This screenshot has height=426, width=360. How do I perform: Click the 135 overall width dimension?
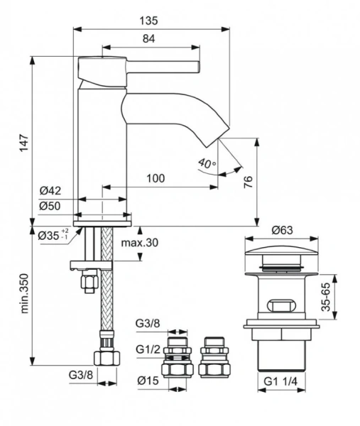pyautogui.click(x=148, y=21)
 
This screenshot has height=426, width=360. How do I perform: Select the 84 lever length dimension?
pyautogui.click(x=148, y=38)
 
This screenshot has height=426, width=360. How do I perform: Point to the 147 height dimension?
pyautogui.click(x=24, y=143)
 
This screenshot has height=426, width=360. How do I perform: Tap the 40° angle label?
pyautogui.click(x=207, y=163)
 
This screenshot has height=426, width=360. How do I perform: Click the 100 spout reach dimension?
pyautogui.click(x=156, y=178)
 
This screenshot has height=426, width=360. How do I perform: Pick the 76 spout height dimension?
pyautogui.click(x=249, y=182)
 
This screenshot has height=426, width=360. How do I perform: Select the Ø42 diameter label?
pyautogui.click(x=50, y=190)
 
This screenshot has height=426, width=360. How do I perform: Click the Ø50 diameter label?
pyautogui.click(x=50, y=206)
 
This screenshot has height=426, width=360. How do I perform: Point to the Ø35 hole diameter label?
pyautogui.click(x=53, y=235)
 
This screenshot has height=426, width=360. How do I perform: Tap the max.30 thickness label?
pyautogui.click(x=140, y=242)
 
